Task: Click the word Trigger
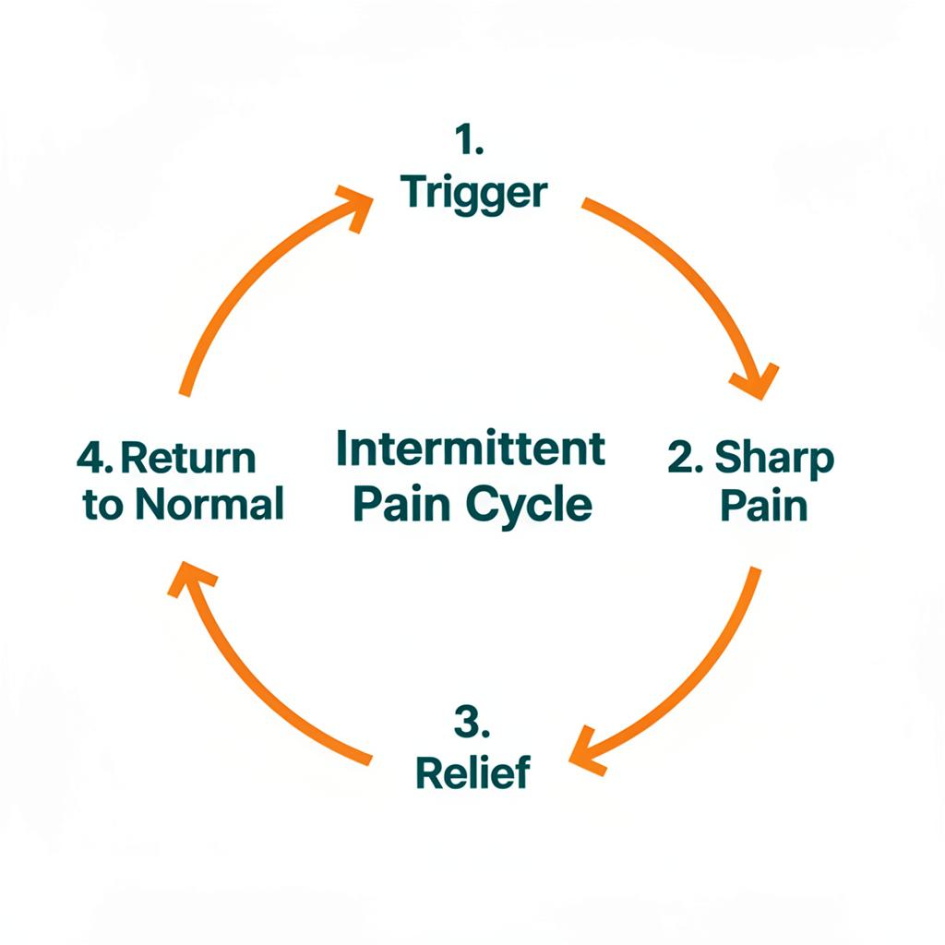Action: coord(474,194)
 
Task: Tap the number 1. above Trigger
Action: coord(470,141)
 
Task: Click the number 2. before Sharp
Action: coord(687,458)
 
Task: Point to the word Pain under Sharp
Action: coord(763,506)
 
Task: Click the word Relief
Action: coord(473,772)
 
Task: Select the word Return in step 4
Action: coord(189,458)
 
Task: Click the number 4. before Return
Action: coord(96,458)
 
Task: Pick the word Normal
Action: coord(209,505)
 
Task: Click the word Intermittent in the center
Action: coord(471,449)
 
